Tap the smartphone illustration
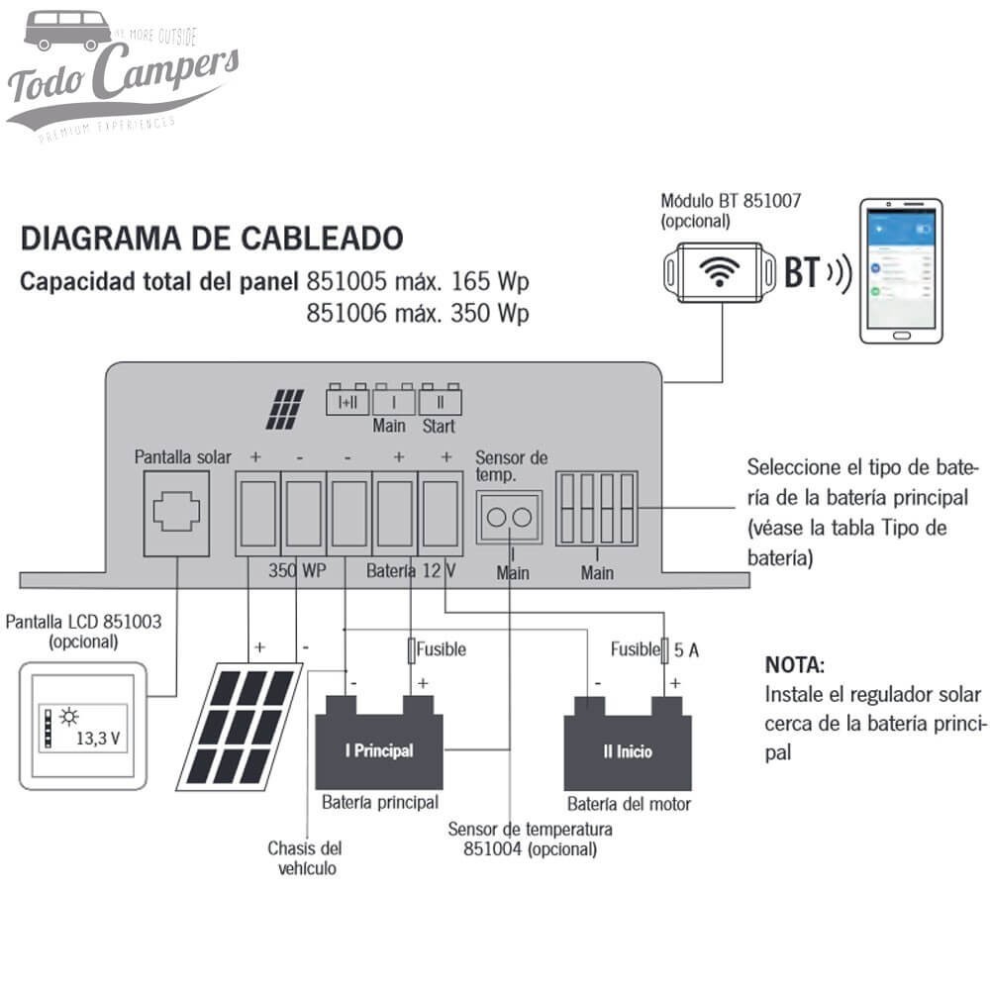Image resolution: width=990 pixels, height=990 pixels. tap(901, 270)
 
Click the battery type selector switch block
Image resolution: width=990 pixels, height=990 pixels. tap(597, 508)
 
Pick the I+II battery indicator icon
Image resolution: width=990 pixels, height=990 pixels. tap(346, 401)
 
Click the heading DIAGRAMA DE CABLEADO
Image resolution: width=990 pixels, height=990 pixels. tap(212, 239)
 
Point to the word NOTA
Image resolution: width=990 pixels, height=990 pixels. tap(794, 663)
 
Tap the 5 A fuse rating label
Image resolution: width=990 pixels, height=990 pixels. tap(687, 649)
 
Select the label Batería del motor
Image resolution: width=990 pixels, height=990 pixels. tap(629, 804)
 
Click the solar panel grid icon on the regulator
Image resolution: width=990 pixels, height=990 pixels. tap(284, 409)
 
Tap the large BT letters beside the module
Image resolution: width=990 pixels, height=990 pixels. tap(802, 273)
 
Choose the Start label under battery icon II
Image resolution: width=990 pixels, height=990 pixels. tap(439, 427)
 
